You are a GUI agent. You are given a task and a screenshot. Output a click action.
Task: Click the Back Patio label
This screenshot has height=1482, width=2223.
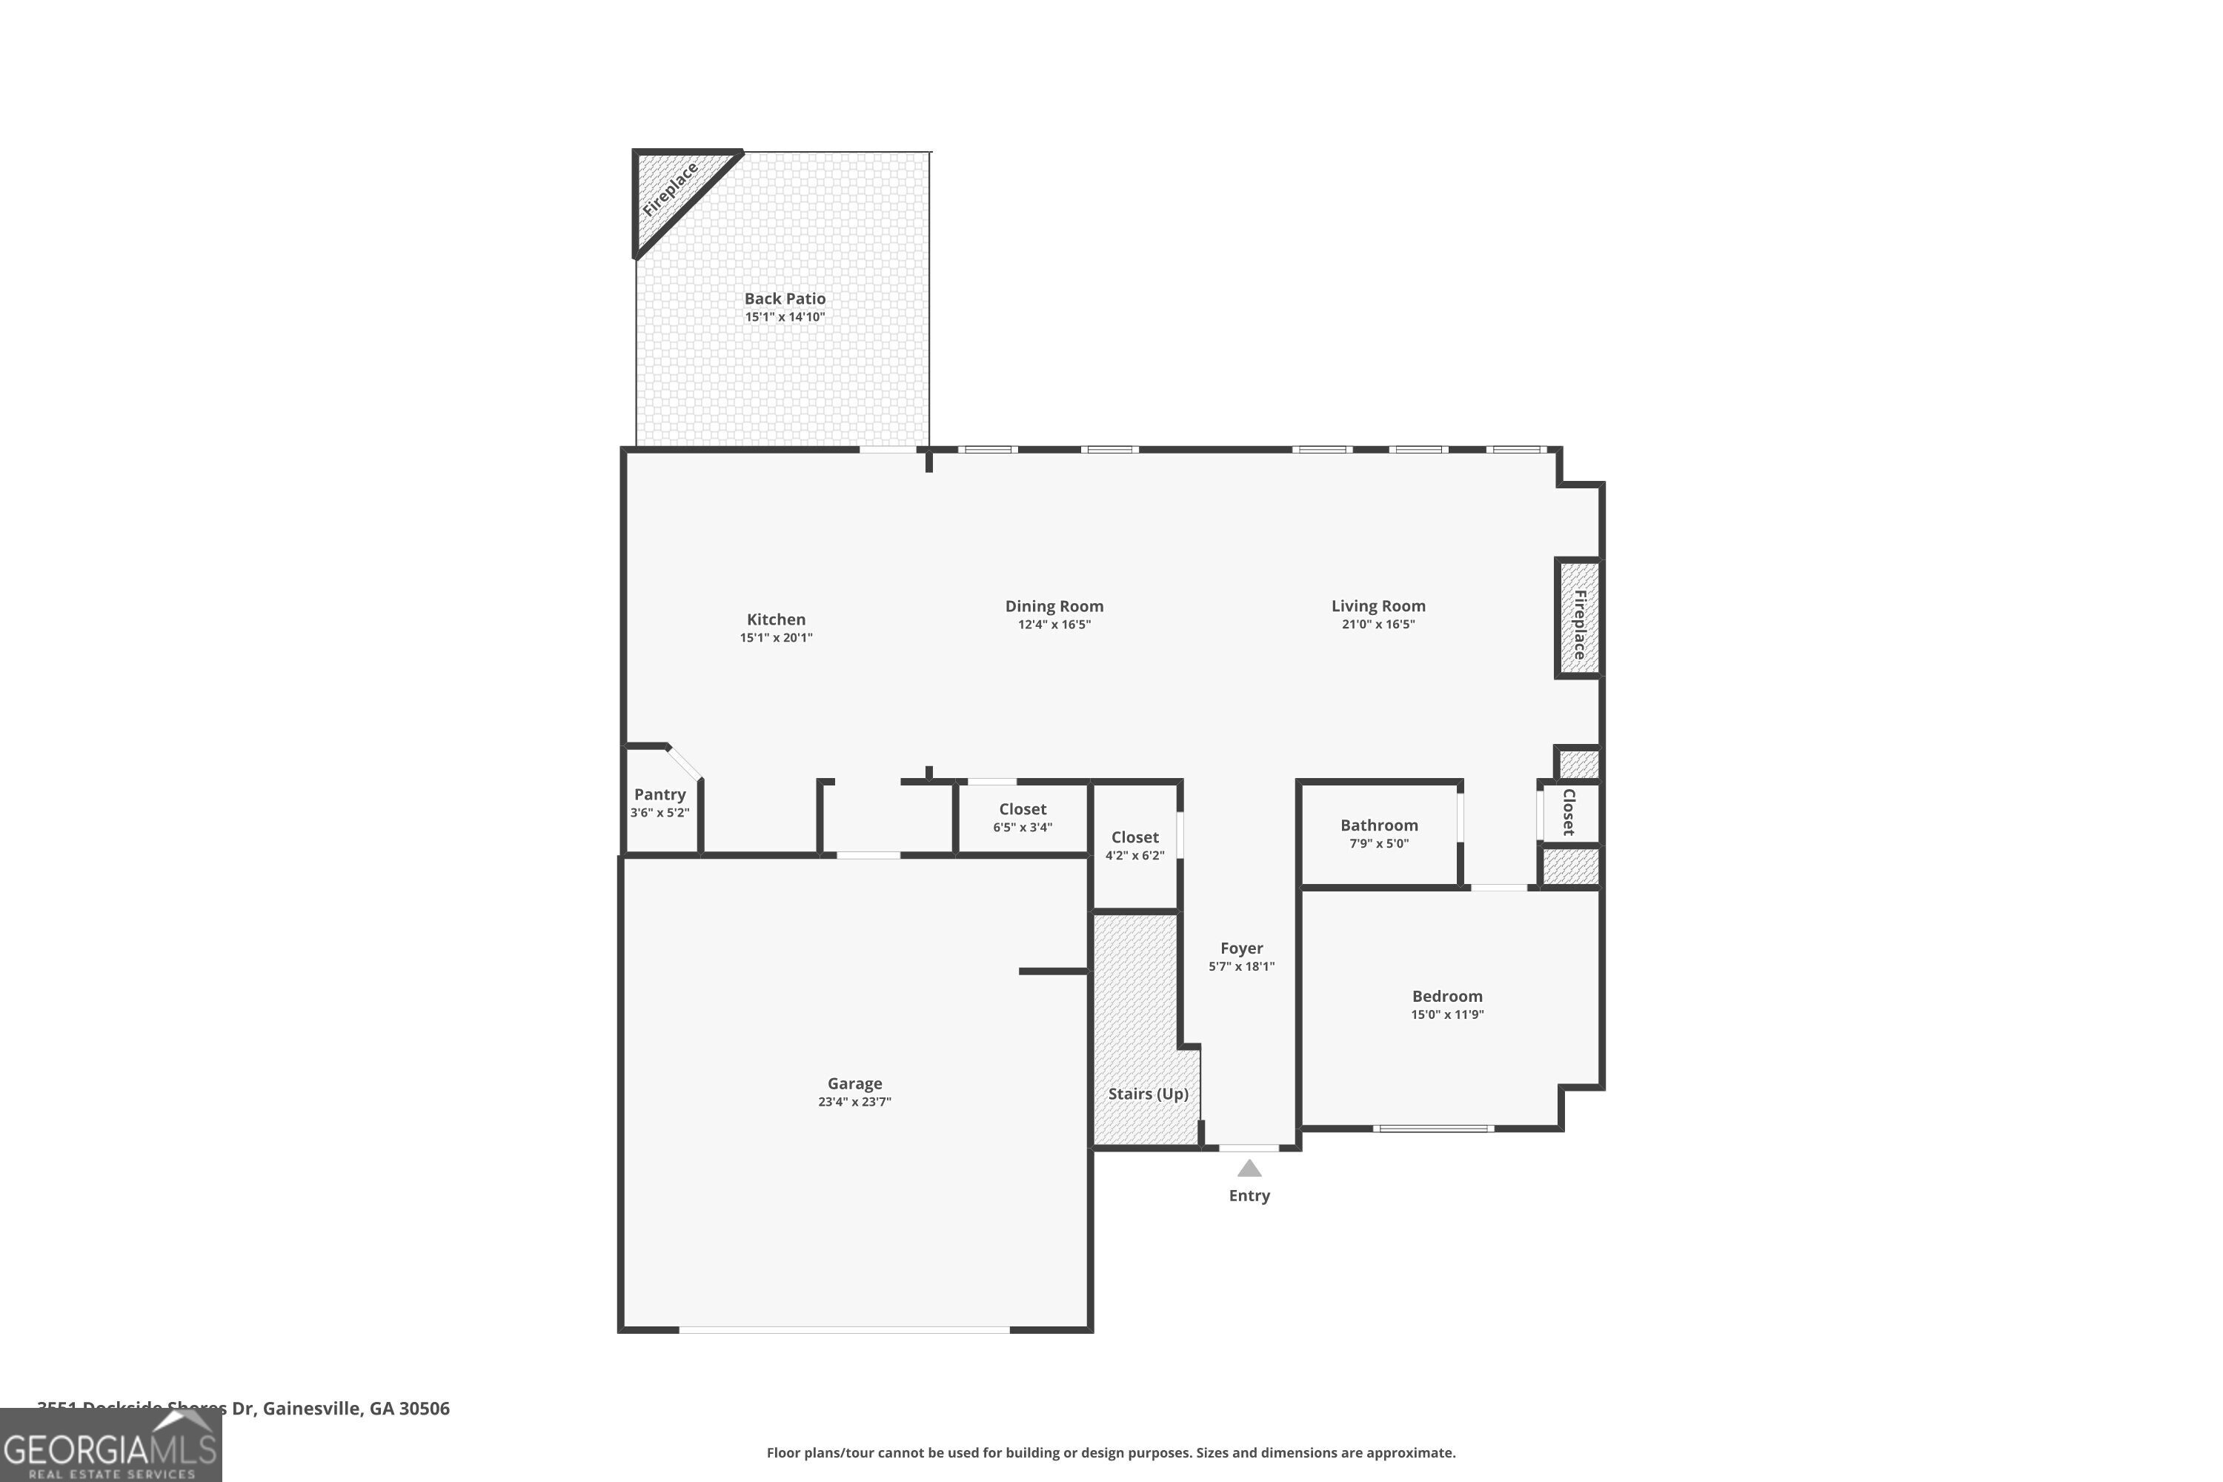(x=785, y=299)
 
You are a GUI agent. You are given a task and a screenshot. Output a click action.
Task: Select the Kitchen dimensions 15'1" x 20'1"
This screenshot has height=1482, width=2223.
(x=776, y=638)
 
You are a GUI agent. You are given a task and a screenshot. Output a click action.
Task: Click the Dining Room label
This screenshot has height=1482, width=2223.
(x=1054, y=606)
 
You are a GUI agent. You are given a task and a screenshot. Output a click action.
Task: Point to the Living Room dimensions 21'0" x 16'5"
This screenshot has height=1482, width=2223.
(x=1378, y=625)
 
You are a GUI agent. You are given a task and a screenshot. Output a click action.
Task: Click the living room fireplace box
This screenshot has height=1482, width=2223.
(x=1578, y=619)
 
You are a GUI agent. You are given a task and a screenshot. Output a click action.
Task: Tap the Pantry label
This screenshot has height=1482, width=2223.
(x=659, y=794)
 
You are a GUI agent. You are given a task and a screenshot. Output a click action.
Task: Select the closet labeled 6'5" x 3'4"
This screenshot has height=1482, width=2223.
(x=1022, y=817)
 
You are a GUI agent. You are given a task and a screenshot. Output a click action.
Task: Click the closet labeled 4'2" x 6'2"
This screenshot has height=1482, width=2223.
(x=1134, y=846)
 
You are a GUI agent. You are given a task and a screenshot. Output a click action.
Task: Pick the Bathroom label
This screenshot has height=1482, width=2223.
(x=1379, y=825)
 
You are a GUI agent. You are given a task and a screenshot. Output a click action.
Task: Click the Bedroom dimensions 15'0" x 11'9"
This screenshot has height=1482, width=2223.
(x=1447, y=1015)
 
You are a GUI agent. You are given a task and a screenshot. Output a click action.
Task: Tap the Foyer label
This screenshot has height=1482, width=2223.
(x=1241, y=948)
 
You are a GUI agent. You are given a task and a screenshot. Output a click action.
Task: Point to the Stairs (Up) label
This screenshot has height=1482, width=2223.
(x=1147, y=1094)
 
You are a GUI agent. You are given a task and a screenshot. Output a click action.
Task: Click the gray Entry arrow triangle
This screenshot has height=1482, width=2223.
(x=1249, y=1169)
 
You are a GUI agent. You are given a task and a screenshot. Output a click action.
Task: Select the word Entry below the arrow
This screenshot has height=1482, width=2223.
(x=1249, y=1196)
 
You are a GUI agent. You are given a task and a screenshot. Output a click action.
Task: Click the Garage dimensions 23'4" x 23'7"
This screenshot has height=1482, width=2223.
(x=854, y=1102)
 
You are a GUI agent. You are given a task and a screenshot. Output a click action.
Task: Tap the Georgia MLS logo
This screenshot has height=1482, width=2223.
(x=110, y=1446)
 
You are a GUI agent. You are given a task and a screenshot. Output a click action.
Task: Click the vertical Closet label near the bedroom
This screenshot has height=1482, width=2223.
(x=1569, y=812)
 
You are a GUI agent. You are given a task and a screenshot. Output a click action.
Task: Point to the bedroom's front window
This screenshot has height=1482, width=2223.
(x=1433, y=1129)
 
